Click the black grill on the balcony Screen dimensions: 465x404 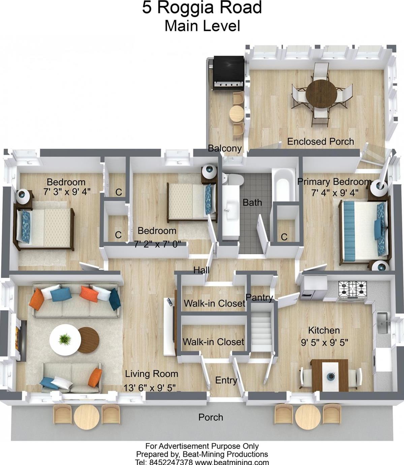click(x=228, y=72)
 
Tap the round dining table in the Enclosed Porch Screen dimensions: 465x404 click(x=321, y=93)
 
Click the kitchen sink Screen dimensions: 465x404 click(x=382, y=323)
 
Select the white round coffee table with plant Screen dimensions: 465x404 click(x=65, y=339)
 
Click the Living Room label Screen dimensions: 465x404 click(x=152, y=374)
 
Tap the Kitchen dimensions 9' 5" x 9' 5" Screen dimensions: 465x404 click(x=324, y=342)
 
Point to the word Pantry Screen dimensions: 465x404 click(x=259, y=297)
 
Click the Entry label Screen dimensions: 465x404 click(x=226, y=380)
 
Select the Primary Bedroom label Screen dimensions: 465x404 click(x=334, y=182)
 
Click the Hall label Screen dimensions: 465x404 click(x=201, y=270)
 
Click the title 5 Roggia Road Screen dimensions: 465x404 click(x=202, y=8)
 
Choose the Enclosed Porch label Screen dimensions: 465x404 click(x=320, y=142)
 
